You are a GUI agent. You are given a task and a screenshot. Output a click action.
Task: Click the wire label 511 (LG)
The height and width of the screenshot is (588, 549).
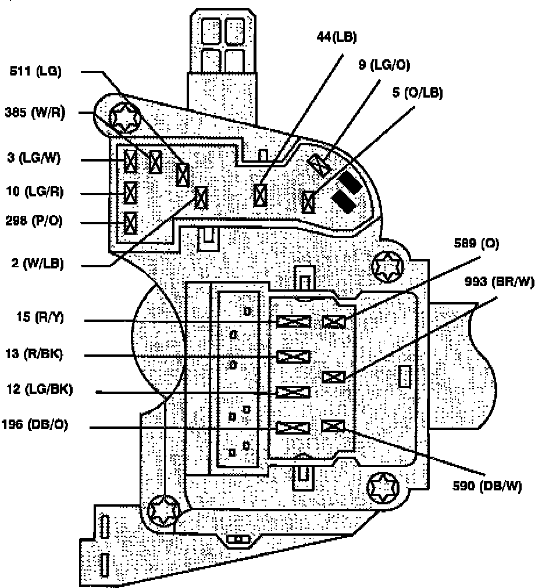click(35, 72)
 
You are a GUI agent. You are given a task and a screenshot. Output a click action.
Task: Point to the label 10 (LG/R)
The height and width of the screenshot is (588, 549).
click(35, 192)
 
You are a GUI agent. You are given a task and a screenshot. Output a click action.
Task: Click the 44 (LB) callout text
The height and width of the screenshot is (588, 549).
click(336, 38)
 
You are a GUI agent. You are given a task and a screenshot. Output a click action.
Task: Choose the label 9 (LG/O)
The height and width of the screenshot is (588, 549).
click(384, 66)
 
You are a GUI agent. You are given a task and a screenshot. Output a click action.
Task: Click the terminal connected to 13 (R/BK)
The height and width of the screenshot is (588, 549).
click(293, 356)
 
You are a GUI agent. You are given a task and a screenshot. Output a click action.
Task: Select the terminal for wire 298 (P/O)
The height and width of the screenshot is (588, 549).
click(131, 222)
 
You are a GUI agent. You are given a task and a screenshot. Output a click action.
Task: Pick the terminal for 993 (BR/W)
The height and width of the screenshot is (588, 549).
click(334, 377)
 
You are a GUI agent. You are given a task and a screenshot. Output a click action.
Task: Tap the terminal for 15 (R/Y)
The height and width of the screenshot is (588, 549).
click(293, 321)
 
